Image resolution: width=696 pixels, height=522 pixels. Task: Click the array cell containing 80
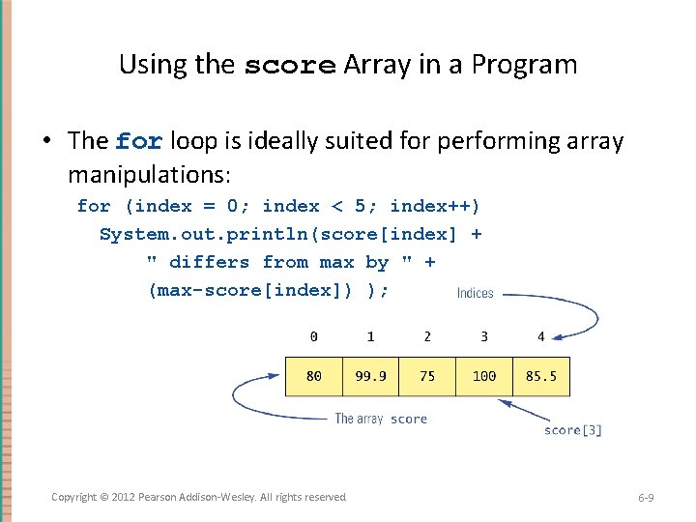click(314, 376)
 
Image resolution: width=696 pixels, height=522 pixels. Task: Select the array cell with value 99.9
click(370, 376)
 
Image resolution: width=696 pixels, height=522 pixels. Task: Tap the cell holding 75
click(427, 376)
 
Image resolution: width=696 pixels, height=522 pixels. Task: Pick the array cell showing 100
click(484, 376)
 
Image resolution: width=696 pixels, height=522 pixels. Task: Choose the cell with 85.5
click(541, 376)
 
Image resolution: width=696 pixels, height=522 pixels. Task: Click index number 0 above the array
click(313, 336)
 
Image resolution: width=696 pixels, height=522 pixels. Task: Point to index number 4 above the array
click(541, 336)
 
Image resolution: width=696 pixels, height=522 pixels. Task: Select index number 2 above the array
click(427, 336)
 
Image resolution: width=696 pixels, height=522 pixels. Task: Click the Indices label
click(475, 293)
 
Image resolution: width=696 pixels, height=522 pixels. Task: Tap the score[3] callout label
click(572, 430)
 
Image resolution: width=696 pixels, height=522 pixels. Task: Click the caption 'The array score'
click(381, 419)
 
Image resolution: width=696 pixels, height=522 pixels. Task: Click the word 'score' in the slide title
click(289, 66)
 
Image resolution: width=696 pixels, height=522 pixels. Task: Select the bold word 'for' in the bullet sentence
click(138, 142)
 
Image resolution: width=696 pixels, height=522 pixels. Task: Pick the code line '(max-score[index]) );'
click(268, 290)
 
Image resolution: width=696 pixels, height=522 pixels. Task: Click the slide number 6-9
click(646, 497)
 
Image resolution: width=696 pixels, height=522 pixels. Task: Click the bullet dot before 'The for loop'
click(45, 142)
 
